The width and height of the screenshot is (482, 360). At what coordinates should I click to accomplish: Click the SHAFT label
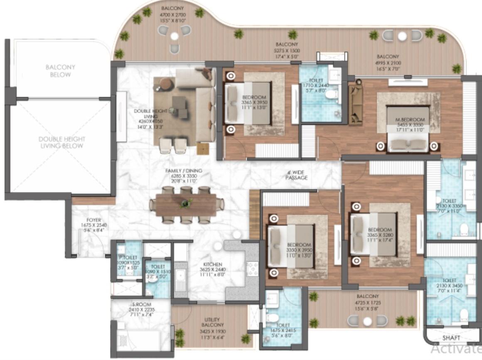click(x=451, y=337)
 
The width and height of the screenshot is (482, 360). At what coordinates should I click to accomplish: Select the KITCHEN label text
click(x=212, y=264)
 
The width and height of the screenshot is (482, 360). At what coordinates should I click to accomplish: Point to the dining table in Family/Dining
click(x=186, y=205)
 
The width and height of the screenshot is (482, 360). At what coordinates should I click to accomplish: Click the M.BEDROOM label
click(x=411, y=120)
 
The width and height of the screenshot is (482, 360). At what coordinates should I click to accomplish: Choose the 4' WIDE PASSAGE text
click(x=296, y=175)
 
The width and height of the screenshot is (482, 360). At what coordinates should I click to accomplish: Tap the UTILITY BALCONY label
click(x=212, y=322)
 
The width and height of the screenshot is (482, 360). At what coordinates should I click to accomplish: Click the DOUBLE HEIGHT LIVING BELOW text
click(x=62, y=142)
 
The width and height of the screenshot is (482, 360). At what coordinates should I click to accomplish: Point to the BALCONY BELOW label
click(x=58, y=71)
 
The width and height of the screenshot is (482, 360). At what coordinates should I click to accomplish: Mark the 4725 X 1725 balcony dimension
click(x=367, y=303)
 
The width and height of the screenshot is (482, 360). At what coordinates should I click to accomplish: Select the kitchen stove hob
click(x=252, y=269)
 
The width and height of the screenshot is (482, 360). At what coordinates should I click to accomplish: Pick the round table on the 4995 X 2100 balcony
click(x=402, y=36)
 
